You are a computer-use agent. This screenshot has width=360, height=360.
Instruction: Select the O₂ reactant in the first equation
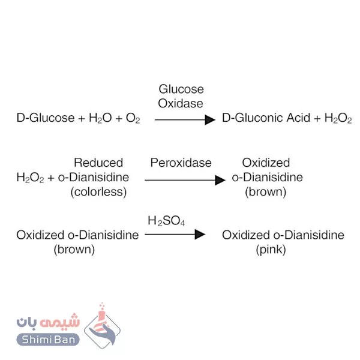tap(132, 119)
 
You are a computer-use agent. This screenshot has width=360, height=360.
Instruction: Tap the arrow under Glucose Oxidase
tap(184, 119)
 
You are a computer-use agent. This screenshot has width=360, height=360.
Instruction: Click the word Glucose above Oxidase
tap(181, 89)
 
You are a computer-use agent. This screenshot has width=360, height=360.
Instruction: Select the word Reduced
tap(98, 163)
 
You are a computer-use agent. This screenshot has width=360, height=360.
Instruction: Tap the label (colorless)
tap(98, 193)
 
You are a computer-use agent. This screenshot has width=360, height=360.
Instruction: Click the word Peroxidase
tap(181, 163)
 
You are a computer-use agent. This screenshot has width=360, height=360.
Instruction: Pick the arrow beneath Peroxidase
tap(184, 179)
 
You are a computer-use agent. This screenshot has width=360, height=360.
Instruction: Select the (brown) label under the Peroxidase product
tap(266, 193)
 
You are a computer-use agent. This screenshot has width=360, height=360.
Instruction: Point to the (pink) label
tap(266, 249)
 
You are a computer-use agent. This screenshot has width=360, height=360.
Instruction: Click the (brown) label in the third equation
tap(74, 249)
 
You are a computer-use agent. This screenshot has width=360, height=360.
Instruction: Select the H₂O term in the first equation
tap(99, 119)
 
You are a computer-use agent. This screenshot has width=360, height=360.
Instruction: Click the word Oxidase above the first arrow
tap(181, 103)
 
